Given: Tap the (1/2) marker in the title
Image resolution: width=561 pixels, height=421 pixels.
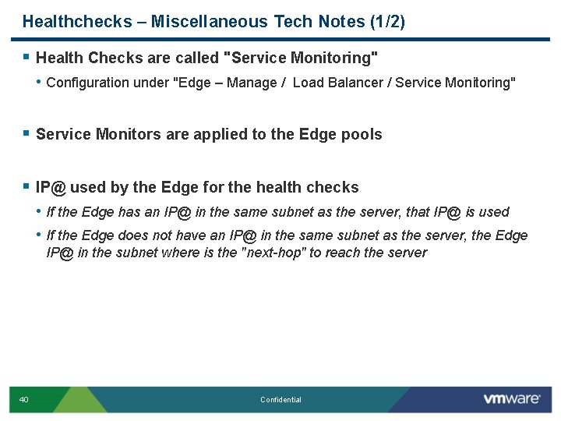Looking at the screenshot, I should click(x=386, y=21).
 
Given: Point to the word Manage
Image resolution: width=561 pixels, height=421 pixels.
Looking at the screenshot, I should click(x=252, y=83).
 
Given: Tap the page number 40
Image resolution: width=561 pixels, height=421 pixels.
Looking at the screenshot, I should click(x=23, y=400).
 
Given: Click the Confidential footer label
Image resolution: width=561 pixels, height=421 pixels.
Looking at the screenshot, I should click(x=280, y=400).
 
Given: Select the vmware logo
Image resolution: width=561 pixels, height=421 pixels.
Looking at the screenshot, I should click(x=511, y=399).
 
